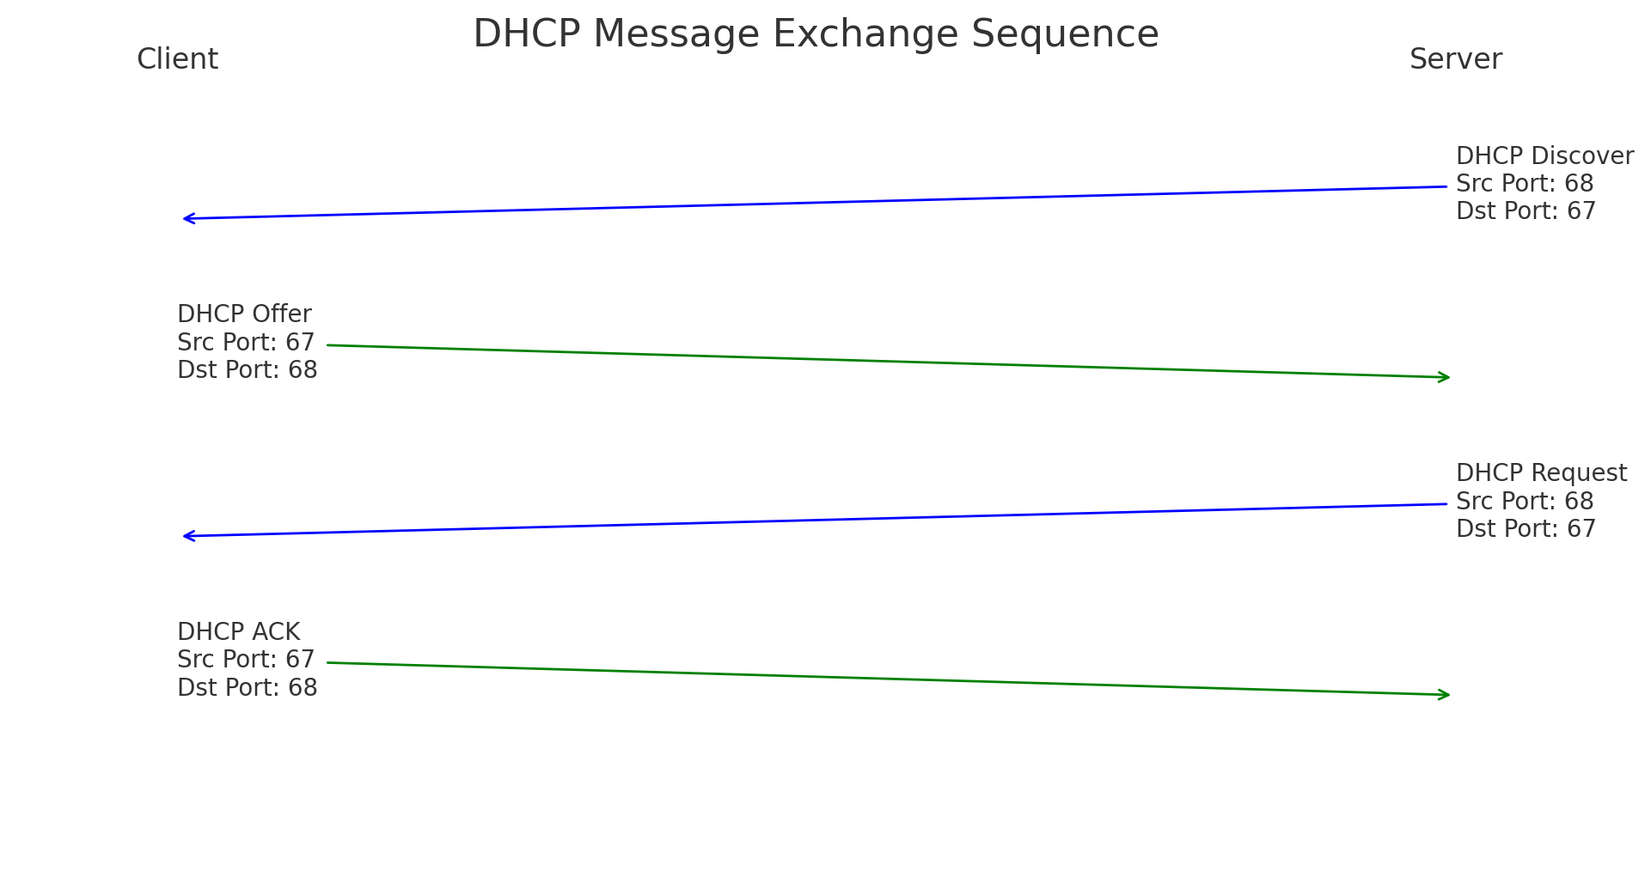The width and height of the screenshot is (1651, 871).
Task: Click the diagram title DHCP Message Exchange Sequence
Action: (x=816, y=34)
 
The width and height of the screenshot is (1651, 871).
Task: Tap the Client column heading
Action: (x=177, y=59)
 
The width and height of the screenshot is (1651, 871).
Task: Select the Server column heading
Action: (x=1455, y=59)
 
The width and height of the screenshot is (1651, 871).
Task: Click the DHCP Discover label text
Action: (x=1544, y=156)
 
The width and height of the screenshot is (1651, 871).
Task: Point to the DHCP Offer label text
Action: (x=244, y=314)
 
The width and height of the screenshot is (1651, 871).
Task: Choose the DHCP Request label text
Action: (x=1541, y=473)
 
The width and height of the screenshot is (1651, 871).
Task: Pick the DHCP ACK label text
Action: (x=238, y=632)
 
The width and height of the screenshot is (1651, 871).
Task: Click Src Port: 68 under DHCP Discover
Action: (x=1525, y=184)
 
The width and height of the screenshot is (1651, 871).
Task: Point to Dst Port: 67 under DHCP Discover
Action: (x=1526, y=211)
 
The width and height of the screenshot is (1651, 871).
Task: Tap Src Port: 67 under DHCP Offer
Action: (x=246, y=343)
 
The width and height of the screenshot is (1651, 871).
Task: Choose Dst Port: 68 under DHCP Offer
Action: (x=247, y=370)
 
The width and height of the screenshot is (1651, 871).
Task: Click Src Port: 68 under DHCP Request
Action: (x=1525, y=502)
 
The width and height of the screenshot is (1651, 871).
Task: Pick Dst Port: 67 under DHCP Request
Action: (x=1526, y=529)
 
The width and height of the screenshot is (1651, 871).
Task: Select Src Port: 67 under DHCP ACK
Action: (x=246, y=660)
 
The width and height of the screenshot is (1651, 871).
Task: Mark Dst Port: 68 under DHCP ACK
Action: (x=247, y=688)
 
